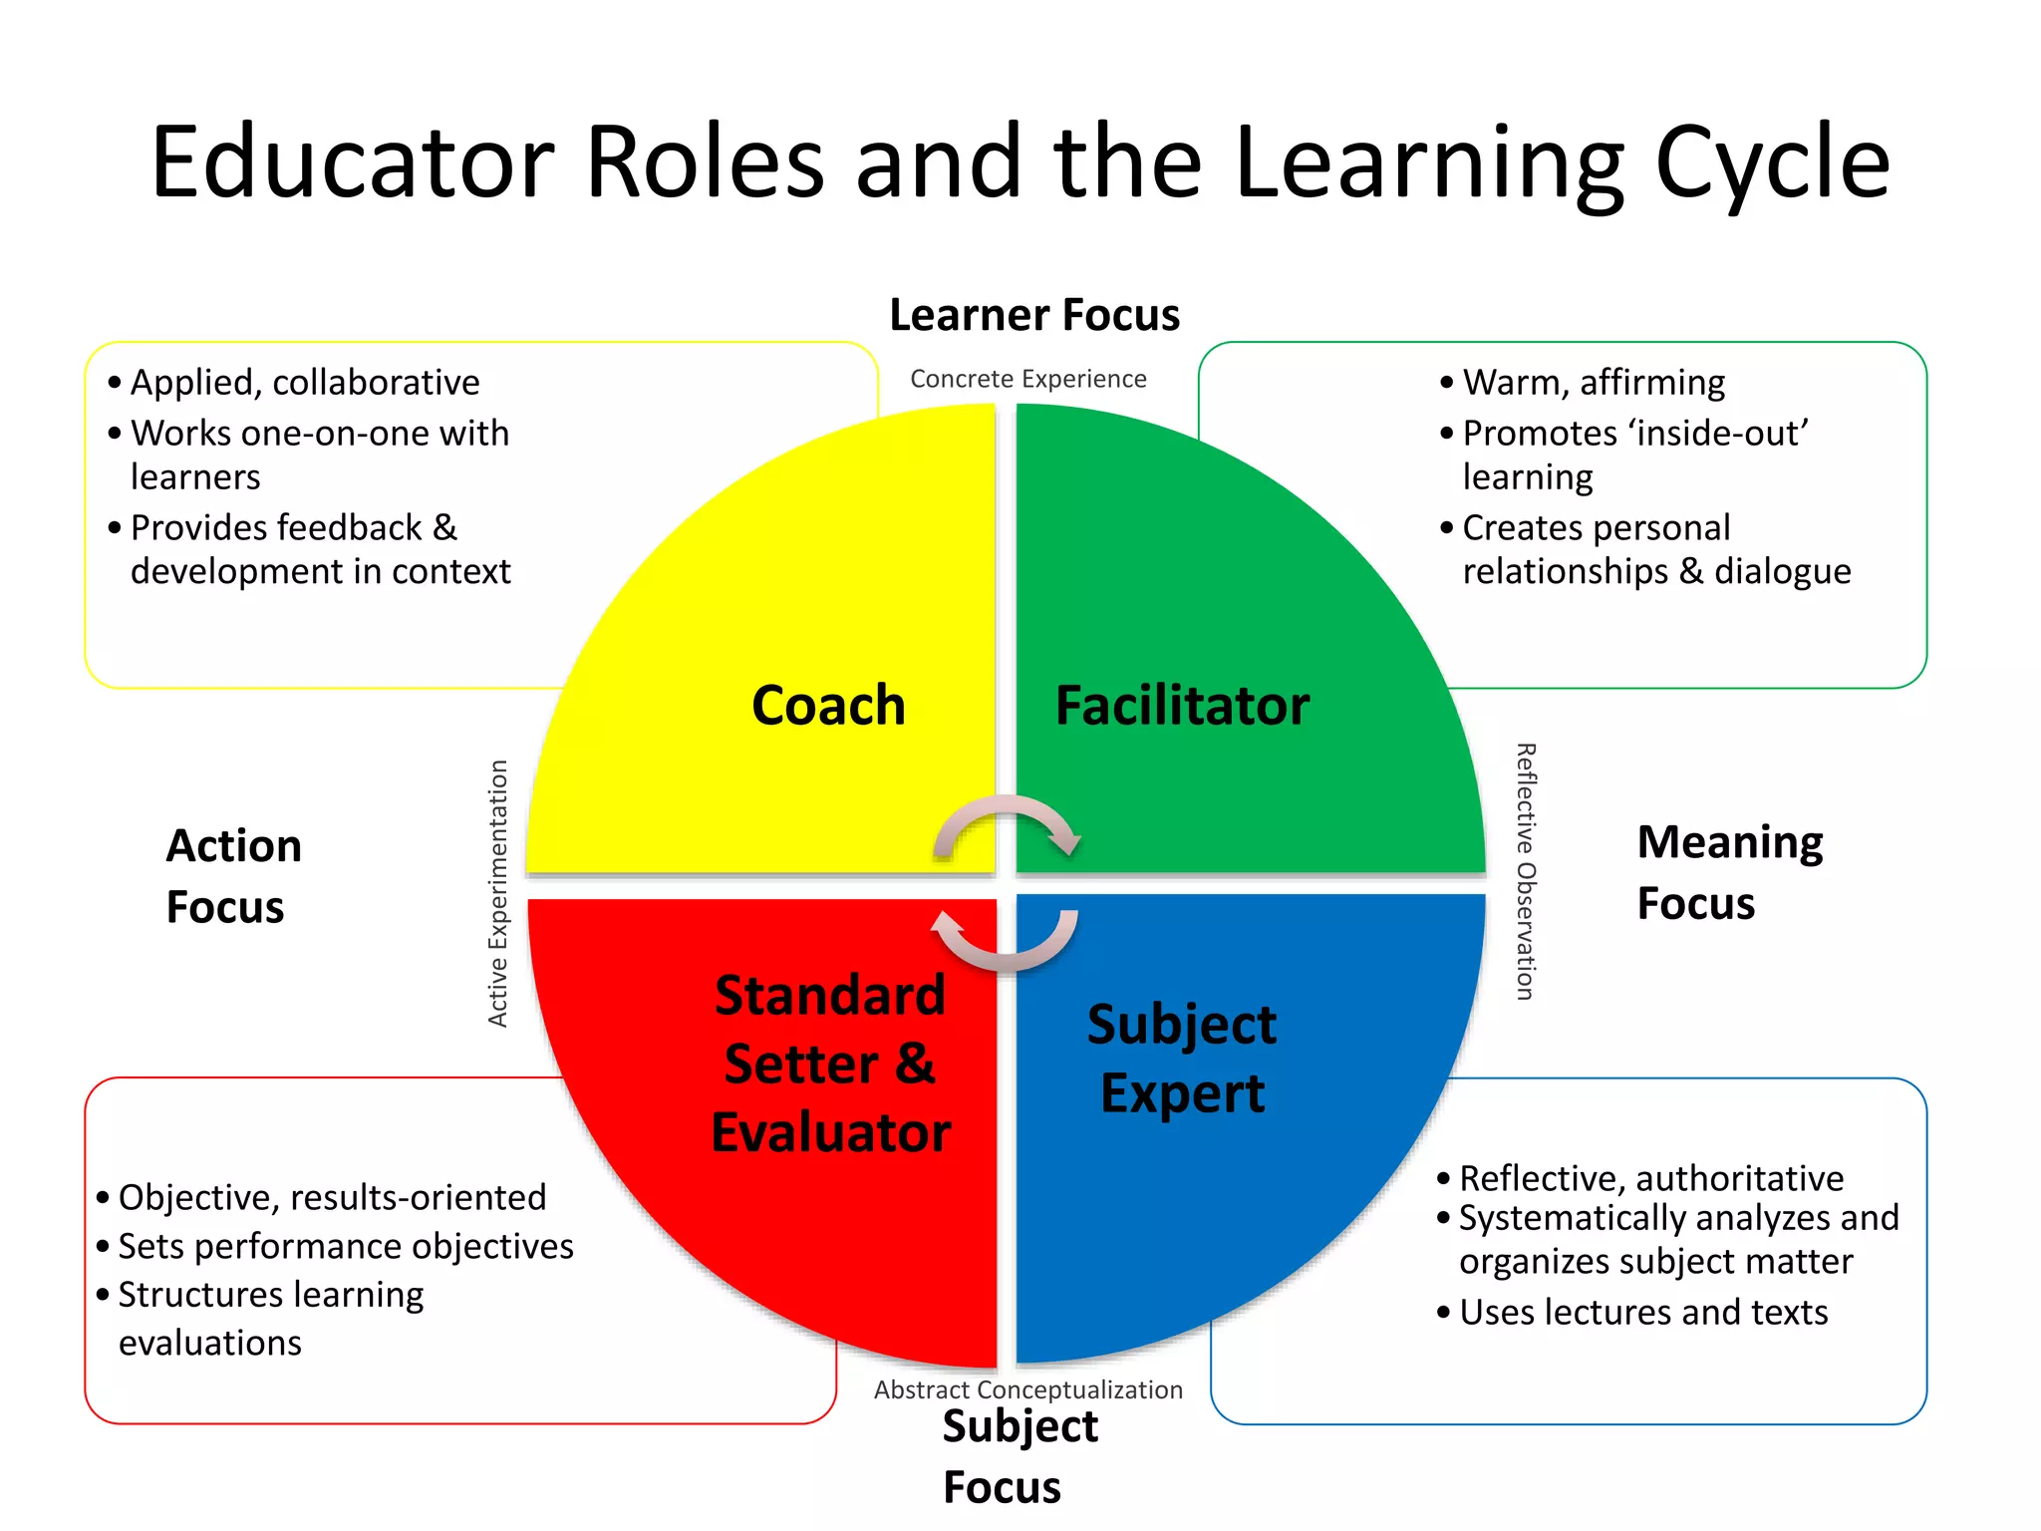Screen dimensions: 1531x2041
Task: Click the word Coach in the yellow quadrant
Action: pos(828,706)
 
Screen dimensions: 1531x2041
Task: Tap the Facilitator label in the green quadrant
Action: pos(1182,706)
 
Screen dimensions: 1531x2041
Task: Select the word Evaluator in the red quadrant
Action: pos(830,1132)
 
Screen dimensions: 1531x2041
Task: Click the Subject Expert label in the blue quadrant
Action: pos(1182,1059)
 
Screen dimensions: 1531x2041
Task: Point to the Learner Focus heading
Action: pos(1034,315)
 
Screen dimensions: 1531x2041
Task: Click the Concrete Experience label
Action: pos(1027,379)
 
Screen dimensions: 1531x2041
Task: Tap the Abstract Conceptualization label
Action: pos(1027,1389)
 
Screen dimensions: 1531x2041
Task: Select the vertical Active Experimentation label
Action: pos(497,893)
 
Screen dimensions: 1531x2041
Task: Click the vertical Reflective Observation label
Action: pos(1526,871)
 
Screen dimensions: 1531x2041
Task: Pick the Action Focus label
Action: pos(233,876)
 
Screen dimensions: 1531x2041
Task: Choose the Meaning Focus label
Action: pos(1729,872)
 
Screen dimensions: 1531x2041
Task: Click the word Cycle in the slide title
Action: pos(1771,161)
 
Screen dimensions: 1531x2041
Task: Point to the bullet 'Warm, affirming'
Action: pos(1593,382)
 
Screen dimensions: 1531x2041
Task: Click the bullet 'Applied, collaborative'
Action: pos(304,382)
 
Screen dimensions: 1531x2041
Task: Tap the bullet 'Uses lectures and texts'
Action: pos(1642,1312)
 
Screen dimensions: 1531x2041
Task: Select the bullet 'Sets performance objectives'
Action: pos(345,1246)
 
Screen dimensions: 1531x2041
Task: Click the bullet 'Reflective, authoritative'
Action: pos(1650,1178)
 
